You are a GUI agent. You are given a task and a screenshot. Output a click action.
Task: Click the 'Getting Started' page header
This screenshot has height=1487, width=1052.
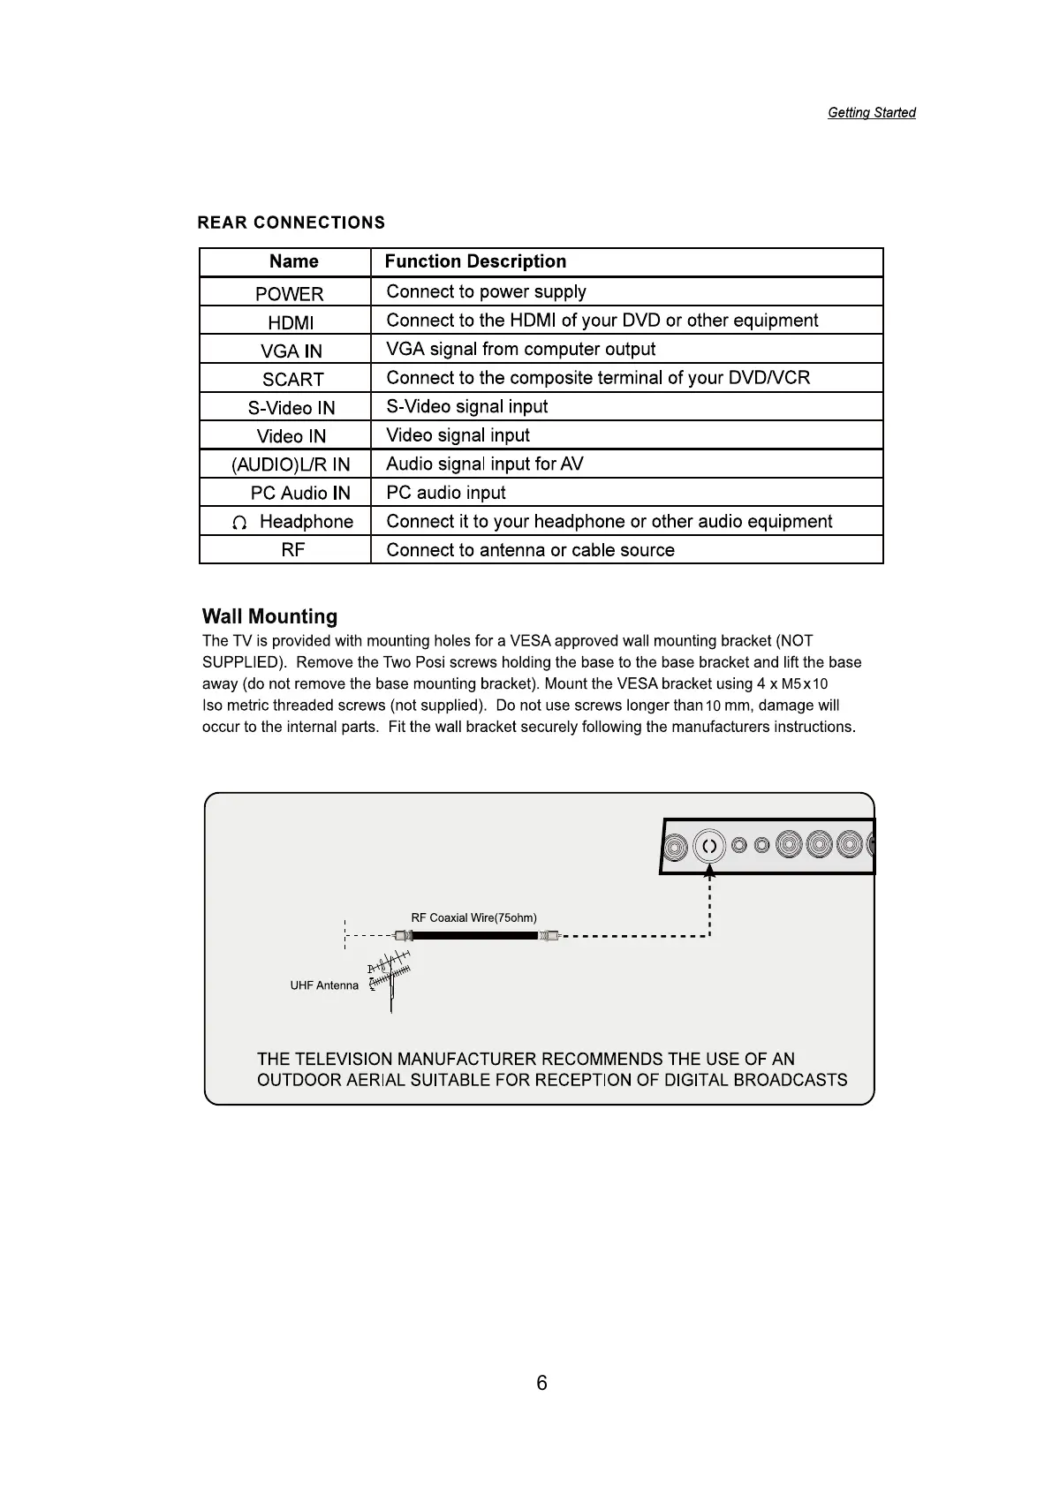(x=871, y=113)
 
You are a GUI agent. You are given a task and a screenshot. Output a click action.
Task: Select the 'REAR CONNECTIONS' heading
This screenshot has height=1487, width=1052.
(x=291, y=223)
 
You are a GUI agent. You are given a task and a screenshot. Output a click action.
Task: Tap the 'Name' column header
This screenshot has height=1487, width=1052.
(x=293, y=261)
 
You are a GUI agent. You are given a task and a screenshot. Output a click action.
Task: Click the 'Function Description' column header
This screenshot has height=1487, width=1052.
(x=475, y=261)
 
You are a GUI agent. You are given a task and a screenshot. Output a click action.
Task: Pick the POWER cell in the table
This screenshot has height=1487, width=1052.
(x=289, y=294)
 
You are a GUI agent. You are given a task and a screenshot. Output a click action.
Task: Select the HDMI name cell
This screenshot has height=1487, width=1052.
(x=291, y=323)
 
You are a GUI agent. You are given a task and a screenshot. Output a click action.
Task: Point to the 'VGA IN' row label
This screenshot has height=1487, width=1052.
(x=291, y=351)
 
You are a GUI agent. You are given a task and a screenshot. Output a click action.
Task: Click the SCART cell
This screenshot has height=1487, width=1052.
(x=292, y=380)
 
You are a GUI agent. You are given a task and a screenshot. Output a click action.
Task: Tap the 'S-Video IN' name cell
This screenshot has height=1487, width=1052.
(x=291, y=408)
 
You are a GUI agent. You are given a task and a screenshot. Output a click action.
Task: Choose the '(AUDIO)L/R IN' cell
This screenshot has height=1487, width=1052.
(x=291, y=464)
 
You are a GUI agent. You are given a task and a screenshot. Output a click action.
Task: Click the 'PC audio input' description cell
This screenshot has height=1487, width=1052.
(x=446, y=493)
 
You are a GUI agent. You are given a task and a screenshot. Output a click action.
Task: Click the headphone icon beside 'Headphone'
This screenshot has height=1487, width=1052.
(x=238, y=524)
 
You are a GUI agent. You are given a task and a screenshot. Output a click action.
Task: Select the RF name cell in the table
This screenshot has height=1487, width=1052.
(x=292, y=550)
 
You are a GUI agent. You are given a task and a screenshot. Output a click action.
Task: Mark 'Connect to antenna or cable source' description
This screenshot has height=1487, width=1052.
(x=530, y=550)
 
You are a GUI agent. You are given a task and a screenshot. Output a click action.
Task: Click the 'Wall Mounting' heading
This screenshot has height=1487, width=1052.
(x=269, y=616)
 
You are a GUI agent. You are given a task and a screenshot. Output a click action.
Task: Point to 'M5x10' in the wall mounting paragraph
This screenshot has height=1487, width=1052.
(x=805, y=684)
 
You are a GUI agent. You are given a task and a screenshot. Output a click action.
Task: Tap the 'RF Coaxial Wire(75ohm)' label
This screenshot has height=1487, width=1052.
(x=473, y=917)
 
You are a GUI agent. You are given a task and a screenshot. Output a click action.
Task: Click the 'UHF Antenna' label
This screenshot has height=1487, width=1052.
(x=324, y=985)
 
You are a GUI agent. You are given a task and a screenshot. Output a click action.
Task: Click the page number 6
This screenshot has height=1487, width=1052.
(x=541, y=1383)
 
